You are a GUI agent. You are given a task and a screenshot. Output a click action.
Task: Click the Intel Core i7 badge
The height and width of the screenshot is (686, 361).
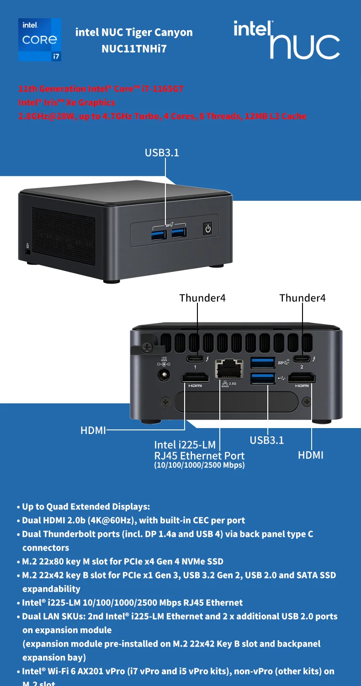[x=40, y=40]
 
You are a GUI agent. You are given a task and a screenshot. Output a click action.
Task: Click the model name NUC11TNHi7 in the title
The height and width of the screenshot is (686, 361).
[x=134, y=48]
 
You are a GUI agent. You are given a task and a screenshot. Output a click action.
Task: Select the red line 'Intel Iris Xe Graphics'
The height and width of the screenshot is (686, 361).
[x=67, y=102]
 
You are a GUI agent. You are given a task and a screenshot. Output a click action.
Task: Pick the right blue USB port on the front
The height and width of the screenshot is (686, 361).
[x=179, y=233]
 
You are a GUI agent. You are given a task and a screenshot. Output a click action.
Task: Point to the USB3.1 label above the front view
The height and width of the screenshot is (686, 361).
[x=162, y=153]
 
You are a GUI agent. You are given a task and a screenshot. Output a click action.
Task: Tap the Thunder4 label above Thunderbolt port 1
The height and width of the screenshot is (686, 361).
[x=202, y=298]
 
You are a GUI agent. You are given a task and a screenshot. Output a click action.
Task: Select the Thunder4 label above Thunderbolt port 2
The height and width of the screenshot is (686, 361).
[x=303, y=298]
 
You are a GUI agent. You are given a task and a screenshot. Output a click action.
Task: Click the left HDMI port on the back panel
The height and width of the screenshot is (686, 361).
[x=195, y=378]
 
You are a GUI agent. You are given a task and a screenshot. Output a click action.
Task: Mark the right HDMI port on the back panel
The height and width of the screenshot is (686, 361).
[x=302, y=378]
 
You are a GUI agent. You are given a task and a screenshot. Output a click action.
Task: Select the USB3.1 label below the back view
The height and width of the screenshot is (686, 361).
[x=267, y=440]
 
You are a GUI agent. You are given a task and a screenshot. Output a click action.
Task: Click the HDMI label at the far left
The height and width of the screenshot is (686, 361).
[x=93, y=430]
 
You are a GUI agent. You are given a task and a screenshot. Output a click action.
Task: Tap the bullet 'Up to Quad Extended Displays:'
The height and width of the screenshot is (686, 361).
[x=86, y=507]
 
